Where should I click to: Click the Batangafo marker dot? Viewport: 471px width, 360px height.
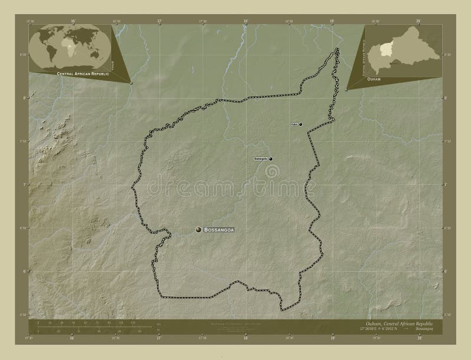(271, 159)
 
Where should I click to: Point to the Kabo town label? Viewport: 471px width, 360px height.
(294, 125)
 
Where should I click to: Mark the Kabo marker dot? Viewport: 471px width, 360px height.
(301, 125)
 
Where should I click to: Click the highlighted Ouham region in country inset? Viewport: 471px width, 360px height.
(386, 48)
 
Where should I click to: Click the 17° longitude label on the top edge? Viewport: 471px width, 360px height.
(160, 21)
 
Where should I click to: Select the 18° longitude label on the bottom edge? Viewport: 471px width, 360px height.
(246, 339)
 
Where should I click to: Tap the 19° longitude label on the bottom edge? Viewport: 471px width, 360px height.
(331, 339)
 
